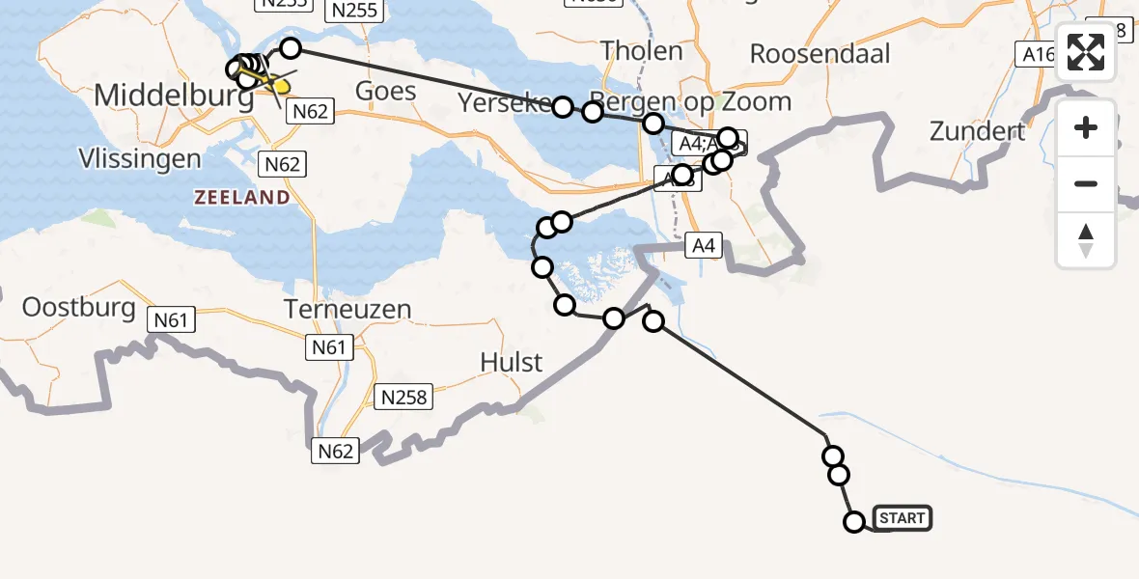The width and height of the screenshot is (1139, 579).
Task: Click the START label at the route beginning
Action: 903,518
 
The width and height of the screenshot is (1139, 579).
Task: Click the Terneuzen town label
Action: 347,309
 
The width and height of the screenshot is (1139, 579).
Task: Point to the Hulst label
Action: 512,363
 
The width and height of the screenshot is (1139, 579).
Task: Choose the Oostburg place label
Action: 79,308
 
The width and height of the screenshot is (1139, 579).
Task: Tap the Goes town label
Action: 386,92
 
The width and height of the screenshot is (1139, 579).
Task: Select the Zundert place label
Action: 977,130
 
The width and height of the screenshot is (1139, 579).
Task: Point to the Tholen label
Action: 642,50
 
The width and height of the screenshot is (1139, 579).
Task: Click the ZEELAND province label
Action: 241,197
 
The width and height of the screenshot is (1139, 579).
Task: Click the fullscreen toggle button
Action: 1086,53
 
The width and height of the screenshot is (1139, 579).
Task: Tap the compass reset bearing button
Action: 1086,240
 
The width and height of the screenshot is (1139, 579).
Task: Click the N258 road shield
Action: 404,397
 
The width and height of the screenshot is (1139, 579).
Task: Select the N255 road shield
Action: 355,11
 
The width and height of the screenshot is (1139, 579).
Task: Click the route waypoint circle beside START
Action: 854,522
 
